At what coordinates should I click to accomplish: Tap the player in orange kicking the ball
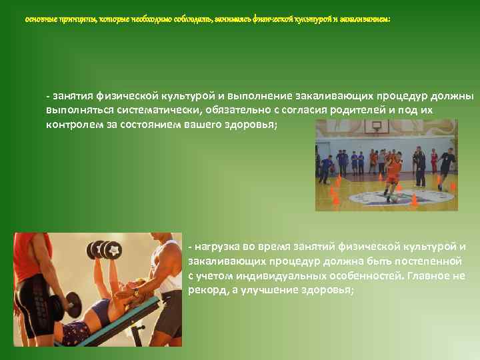tap(393, 172)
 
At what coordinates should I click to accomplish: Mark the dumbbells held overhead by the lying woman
tap(105, 249)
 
